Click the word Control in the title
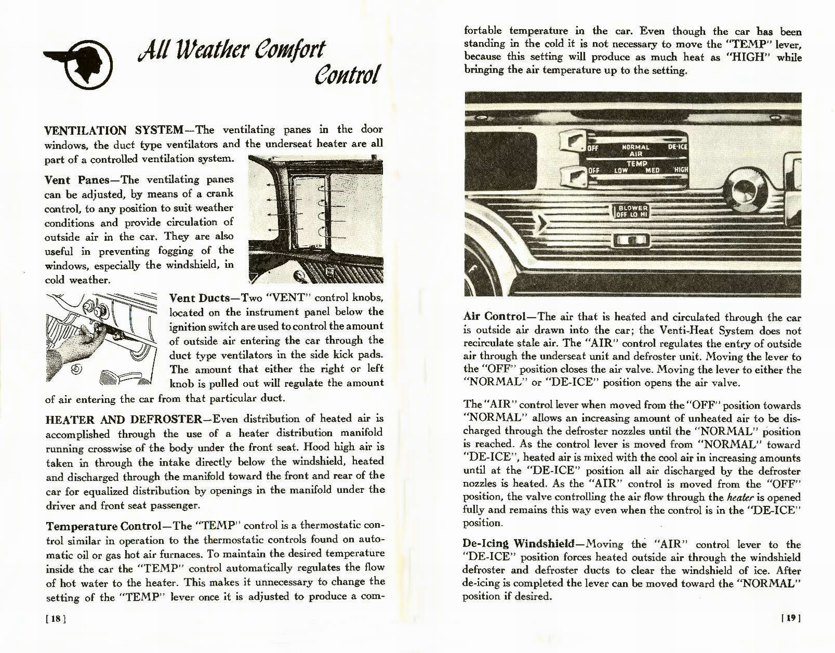[346, 76]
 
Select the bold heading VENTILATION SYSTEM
[114, 130]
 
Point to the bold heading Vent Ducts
[199, 299]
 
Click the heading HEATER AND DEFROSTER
[124, 419]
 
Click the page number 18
[55, 619]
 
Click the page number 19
[791, 618]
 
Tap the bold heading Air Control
[494, 317]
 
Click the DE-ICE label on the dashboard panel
[677, 147]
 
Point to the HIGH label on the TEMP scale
[681, 170]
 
